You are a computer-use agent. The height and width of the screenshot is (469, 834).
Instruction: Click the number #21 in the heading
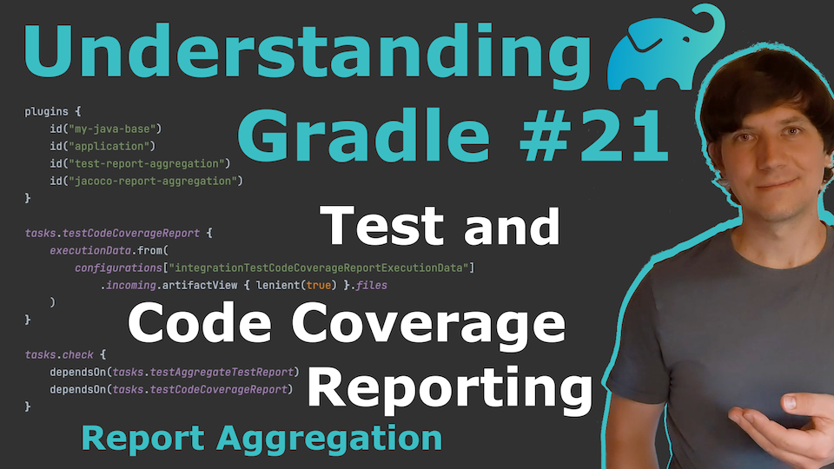point(593,135)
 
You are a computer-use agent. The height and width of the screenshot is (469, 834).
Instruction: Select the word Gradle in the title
point(363,135)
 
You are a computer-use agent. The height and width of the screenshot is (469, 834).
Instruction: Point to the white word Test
point(381,226)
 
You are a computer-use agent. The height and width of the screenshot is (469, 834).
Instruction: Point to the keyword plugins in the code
point(46,112)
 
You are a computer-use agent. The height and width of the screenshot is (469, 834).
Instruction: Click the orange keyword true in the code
point(319,285)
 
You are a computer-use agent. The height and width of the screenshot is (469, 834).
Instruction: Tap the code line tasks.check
point(59,354)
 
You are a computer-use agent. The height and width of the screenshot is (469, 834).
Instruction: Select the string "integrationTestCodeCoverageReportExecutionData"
point(319,268)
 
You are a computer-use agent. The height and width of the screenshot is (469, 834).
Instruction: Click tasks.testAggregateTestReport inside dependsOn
point(203,373)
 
